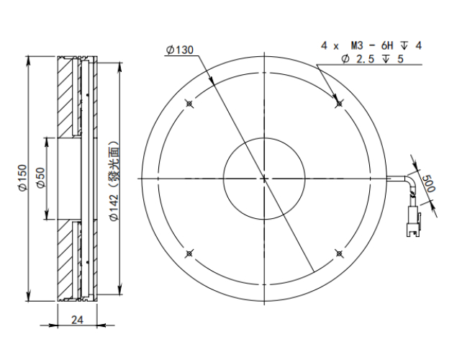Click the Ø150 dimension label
(22, 178)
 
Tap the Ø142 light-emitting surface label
(114, 181)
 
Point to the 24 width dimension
(77, 320)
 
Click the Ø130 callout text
(180, 50)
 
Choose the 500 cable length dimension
(428, 184)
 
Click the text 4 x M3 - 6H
(357, 45)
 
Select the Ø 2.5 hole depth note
(373, 59)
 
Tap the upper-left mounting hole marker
(189, 104)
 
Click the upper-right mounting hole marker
(339, 104)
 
